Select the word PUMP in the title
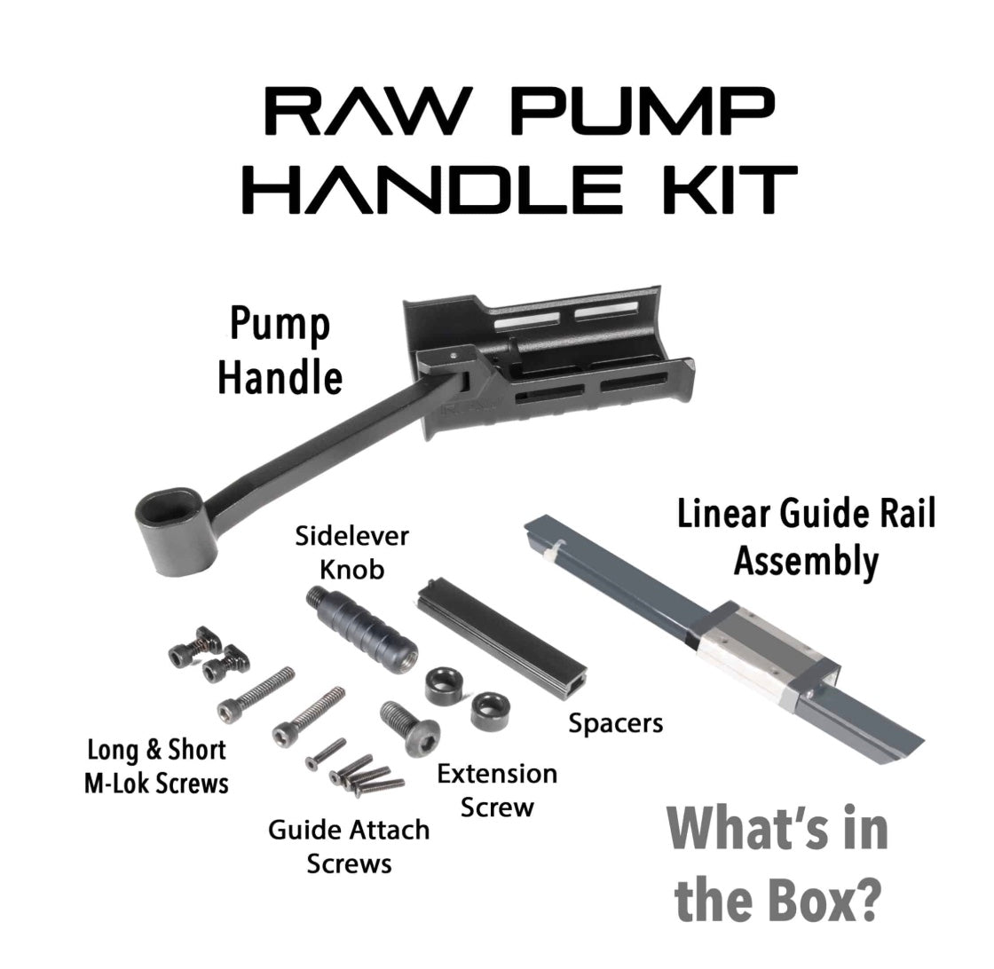643,112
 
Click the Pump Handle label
280,351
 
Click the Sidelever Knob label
351,553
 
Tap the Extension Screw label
497,791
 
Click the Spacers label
616,723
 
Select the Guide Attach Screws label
349,847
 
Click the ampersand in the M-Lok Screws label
154,751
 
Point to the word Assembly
807,562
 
